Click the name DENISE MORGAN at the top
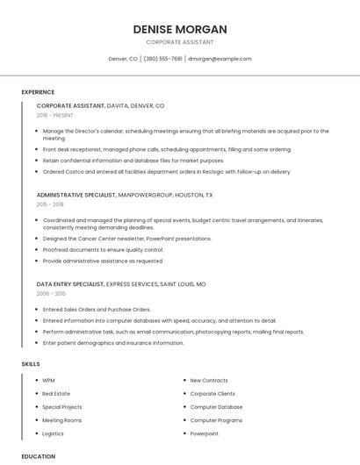(x=179, y=29)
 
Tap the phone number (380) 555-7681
(x=162, y=59)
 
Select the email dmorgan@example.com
(x=220, y=59)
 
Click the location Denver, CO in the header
(x=123, y=59)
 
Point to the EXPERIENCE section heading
(x=38, y=92)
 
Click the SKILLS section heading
(x=31, y=363)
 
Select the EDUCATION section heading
(x=38, y=456)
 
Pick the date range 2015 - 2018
(x=50, y=204)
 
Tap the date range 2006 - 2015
(x=51, y=294)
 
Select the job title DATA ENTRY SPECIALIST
(x=70, y=284)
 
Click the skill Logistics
(x=54, y=433)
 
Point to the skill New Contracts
(x=209, y=381)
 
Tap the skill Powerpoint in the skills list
(x=205, y=433)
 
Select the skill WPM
(x=48, y=381)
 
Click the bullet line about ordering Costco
(x=167, y=172)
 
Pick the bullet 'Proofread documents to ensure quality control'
(x=103, y=249)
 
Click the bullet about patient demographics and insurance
(x=113, y=343)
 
